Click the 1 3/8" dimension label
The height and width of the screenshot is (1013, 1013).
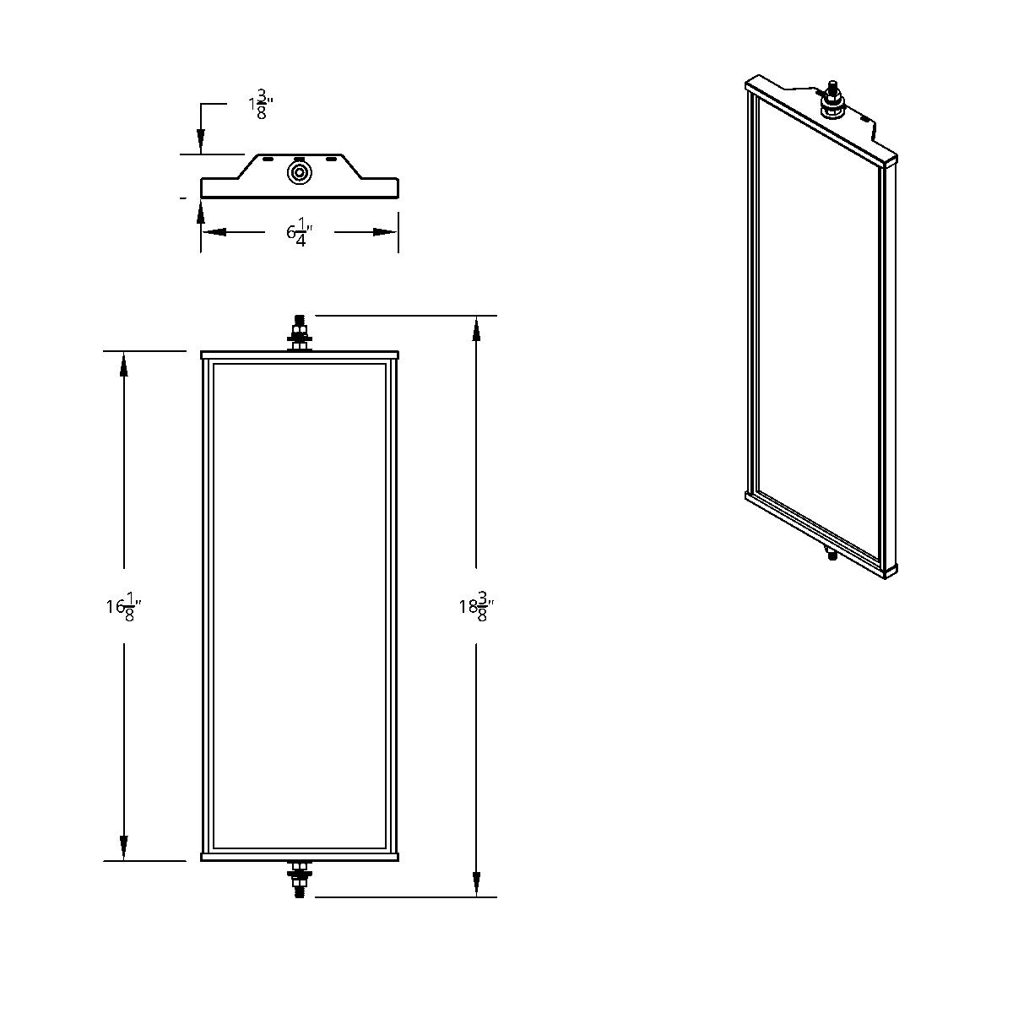pyautogui.click(x=261, y=107)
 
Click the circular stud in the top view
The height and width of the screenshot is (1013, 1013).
pyautogui.click(x=299, y=174)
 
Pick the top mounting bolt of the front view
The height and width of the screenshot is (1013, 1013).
pyautogui.click(x=299, y=333)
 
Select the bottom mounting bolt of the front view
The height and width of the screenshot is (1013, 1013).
pyautogui.click(x=299, y=879)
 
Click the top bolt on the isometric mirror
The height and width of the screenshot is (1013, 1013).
pyautogui.click(x=832, y=100)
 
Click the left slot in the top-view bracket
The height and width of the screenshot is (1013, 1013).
pyautogui.click(x=267, y=159)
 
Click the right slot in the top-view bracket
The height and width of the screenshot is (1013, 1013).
pyautogui.click(x=331, y=159)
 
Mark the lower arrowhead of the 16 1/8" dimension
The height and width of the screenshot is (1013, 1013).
pyautogui.click(x=124, y=848)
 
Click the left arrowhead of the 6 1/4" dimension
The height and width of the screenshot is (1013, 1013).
pyautogui.click(x=214, y=232)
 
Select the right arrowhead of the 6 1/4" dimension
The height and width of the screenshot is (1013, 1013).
pyautogui.click(x=386, y=232)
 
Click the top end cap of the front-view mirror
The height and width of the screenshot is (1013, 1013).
pyautogui.click(x=299, y=355)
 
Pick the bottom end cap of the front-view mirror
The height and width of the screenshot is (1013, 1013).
pyautogui.click(x=299, y=857)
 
